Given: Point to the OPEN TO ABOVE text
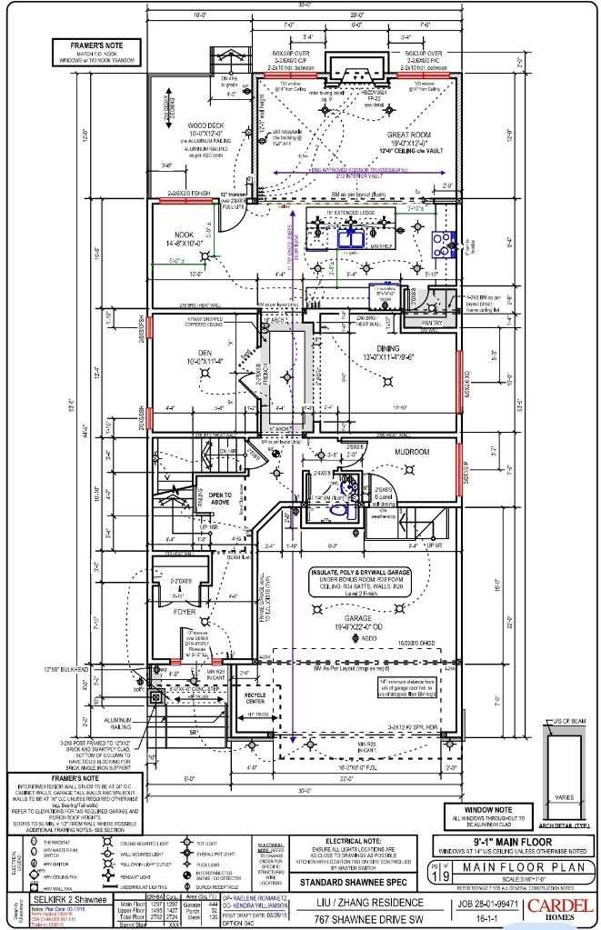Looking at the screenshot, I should click(x=221, y=497).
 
